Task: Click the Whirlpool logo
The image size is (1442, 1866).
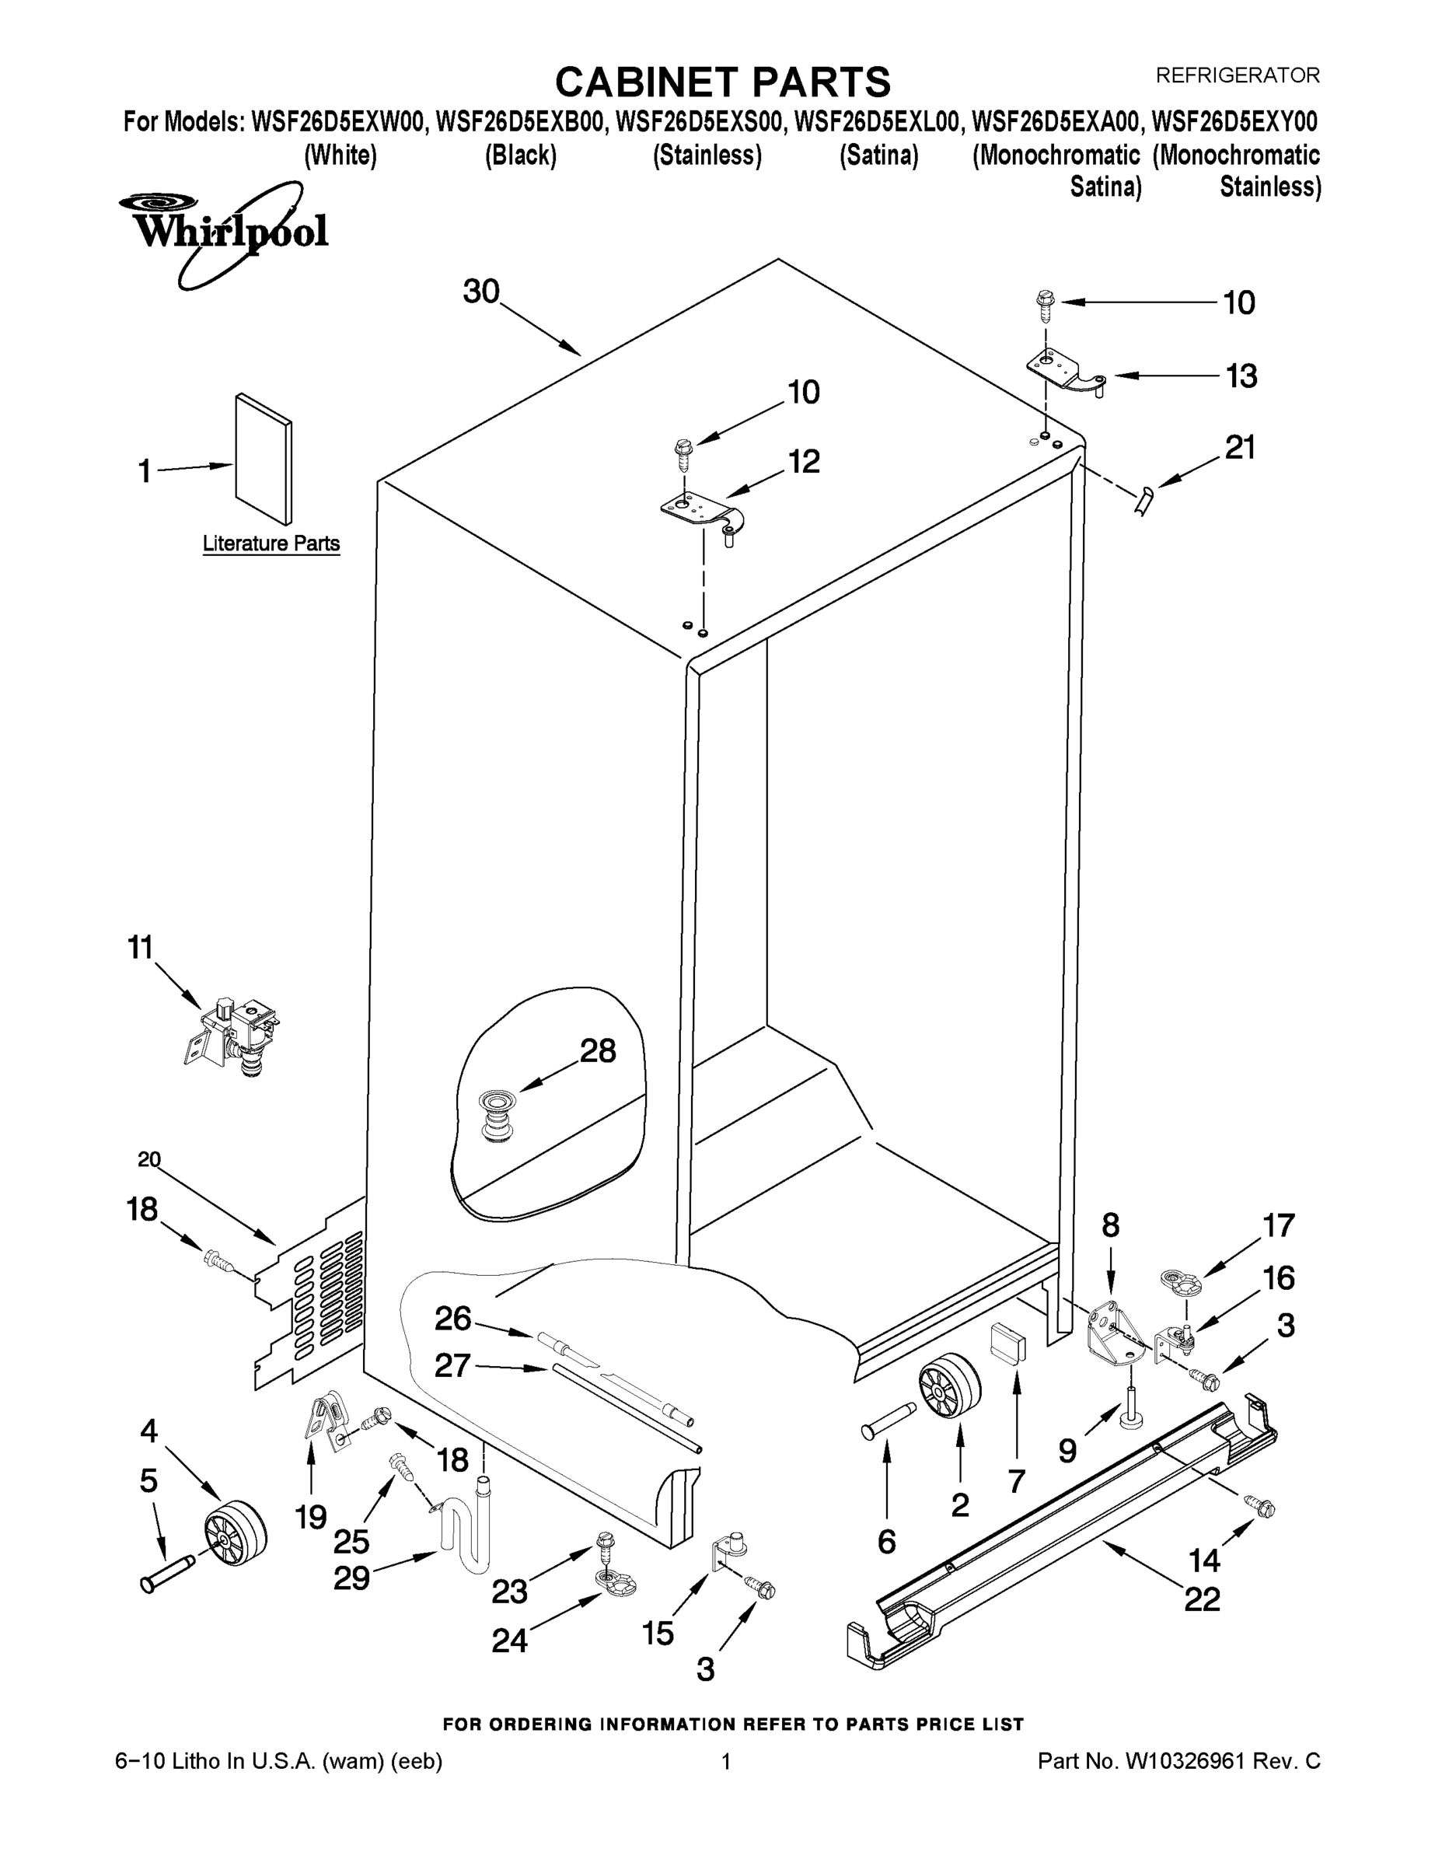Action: pos(224,231)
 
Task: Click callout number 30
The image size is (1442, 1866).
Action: pos(481,292)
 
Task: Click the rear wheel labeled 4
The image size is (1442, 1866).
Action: pos(234,1534)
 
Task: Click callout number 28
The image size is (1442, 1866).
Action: pos(598,1051)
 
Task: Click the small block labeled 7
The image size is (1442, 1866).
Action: pos(1008,1342)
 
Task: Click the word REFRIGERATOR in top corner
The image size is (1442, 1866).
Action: pos(1237,75)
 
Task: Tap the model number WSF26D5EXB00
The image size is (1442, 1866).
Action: pos(520,122)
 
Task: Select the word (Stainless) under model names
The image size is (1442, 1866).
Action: pos(707,155)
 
